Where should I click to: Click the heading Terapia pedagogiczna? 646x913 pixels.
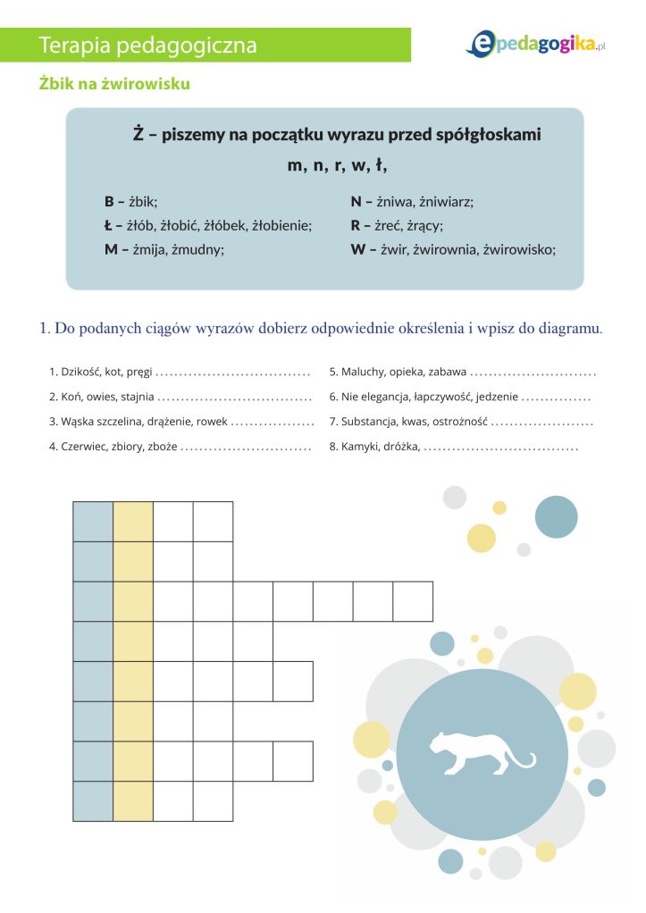tap(148, 46)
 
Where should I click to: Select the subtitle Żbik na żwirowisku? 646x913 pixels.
tap(114, 84)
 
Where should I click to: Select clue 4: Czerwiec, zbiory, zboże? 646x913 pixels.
tap(113, 445)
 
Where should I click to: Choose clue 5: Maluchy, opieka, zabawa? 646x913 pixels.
tap(398, 373)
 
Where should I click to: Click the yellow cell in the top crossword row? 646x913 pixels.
tap(133, 522)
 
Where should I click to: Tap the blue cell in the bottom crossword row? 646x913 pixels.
tap(93, 801)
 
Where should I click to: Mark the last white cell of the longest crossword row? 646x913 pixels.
tap(413, 601)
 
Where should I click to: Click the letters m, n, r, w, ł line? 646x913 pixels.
tap(337, 166)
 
